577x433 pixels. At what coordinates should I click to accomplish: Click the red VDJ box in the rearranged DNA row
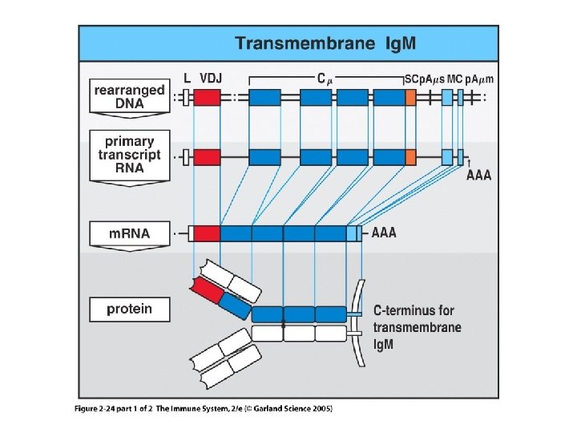tap(207, 98)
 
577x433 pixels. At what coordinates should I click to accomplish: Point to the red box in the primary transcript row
tap(207, 156)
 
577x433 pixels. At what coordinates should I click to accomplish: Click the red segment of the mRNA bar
tap(207, 233)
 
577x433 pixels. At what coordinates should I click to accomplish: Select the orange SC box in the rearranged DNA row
tap(410, 98)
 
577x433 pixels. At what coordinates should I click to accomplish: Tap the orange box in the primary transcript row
tap(410, 156)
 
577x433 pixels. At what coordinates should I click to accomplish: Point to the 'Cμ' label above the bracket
tap(322, 78)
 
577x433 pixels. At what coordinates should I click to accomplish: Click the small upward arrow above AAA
tap(468, 163)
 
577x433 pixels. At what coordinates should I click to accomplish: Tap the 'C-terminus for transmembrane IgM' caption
tap(417, 326)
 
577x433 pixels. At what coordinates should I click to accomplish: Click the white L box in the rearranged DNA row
tap(185, 98)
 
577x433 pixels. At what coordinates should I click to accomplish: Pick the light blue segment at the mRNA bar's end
tap(353, 233)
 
